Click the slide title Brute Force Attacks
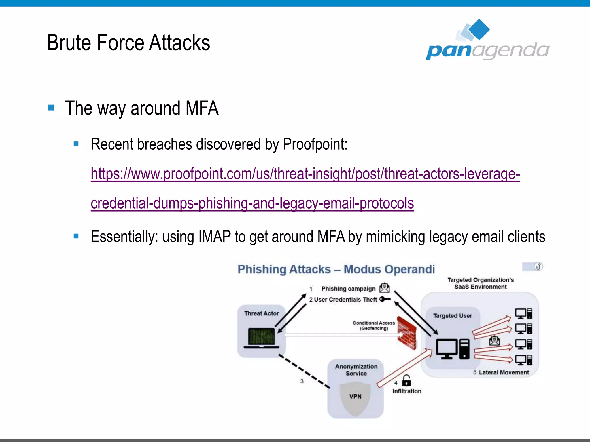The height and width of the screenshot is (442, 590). [128, 43]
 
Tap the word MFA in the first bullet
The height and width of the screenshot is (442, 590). [202, 108]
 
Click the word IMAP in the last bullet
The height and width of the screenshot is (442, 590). [214, 237]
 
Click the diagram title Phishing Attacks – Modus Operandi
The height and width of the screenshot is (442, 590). [336, 269]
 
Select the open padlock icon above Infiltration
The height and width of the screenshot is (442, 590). [406, 381]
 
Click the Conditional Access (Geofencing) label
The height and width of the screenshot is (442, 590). [374, 325]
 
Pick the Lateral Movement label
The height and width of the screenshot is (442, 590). [504, 372]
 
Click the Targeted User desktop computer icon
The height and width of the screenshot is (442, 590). [452, 349]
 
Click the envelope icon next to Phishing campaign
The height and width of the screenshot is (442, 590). [385, 288]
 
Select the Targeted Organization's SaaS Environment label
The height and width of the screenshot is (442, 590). [480, 283]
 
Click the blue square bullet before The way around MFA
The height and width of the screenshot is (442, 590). [51, 108]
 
